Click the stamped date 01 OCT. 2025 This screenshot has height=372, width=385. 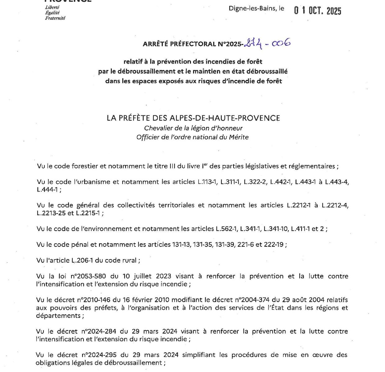tap(317, 11)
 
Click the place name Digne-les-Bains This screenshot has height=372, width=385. tap(252, 8)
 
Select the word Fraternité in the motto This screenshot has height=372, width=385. tap(55, 18)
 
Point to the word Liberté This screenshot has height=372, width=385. tap(52, 7)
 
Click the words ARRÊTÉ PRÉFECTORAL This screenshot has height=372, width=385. tap(179, 44)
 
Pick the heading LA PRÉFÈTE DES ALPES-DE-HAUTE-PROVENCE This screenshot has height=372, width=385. tap(193, 118)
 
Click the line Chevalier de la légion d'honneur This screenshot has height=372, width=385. tap(193, 128)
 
